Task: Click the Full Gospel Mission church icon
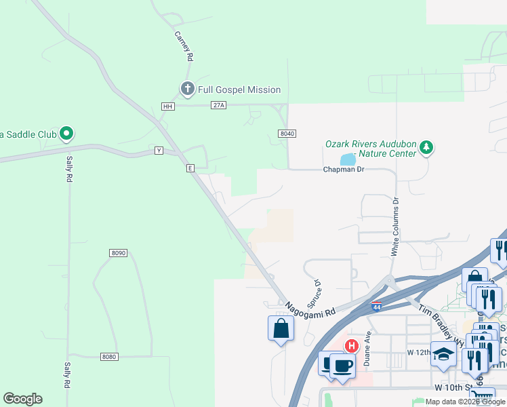coord(187,89)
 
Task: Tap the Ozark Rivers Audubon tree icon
coord(426,147)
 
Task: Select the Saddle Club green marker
coord(66,134)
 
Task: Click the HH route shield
coord(168,106)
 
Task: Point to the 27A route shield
coord(218,105)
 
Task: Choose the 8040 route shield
coord(287,134)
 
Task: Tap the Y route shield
coord(159,151)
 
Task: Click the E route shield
coord(191,168)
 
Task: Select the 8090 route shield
coord(118,252)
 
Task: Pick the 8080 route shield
coord(108,356)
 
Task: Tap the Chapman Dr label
coord(344,169)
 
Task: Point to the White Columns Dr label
coord(395,226)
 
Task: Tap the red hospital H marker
coord(351,346)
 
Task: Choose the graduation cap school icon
coord(443,354)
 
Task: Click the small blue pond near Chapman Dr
coord(348,160)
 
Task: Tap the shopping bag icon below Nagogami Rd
coord(281,329)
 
